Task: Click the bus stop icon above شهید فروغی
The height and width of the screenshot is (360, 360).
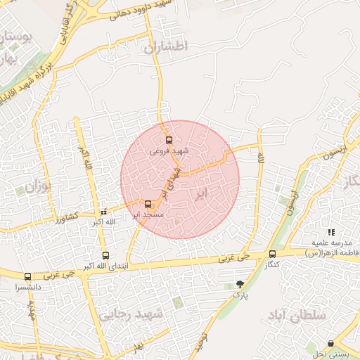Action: click(168, 139)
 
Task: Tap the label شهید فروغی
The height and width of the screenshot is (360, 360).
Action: click(170, 150)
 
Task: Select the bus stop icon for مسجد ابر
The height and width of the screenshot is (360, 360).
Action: click(147, 203)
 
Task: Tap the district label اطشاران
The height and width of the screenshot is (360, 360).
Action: click(167, 48)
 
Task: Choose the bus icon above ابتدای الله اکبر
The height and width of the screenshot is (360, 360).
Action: click(105, 256)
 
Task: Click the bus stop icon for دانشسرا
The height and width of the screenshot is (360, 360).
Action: click(28, 277)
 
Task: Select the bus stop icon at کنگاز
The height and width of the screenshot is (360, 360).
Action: click(272, 255)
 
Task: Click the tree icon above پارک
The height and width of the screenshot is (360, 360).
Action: click(240, 285)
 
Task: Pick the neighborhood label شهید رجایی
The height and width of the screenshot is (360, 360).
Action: click(133, 314)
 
